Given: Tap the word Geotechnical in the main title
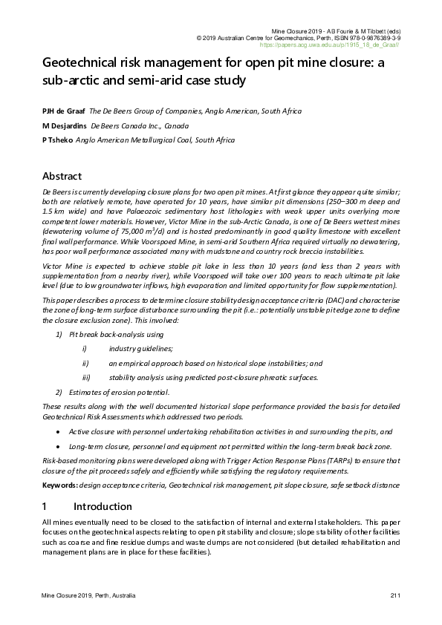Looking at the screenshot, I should point(82,64).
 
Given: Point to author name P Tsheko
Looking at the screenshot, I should point(58,140).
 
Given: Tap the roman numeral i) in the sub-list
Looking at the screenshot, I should point(85,348).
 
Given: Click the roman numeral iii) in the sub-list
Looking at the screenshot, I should point(86,377).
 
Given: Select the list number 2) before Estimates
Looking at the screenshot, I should point(59,392).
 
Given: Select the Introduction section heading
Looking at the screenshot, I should point(103,507).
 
